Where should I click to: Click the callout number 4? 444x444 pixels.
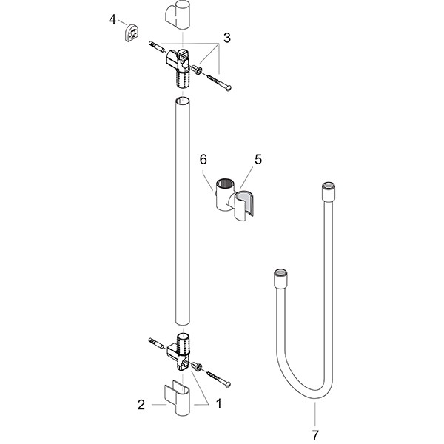click(x=112, y=20)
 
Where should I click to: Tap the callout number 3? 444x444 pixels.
click(x=227, y=38)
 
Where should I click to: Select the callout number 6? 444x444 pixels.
click(x=203, y=159)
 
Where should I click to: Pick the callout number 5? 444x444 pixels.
click(x=258, y=159)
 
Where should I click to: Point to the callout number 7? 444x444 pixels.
click(x=315, y=435)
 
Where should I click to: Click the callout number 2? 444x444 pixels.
click(x=141, y=405)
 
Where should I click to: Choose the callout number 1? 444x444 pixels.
click(x=218, y=404)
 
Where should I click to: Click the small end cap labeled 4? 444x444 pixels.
click(x=131, y=33)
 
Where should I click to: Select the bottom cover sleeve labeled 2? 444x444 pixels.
click(x=178, y=398)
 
